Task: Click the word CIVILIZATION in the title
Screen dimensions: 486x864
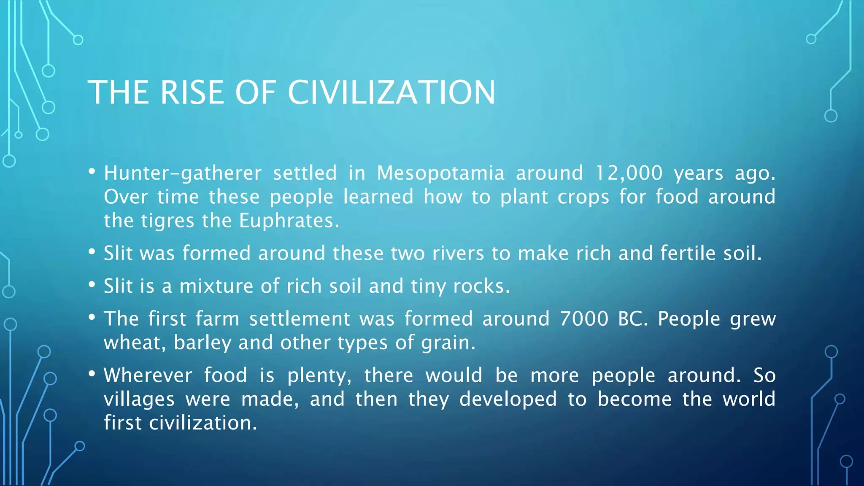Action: click(391, 92)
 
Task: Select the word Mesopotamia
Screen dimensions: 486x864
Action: click(440, 173)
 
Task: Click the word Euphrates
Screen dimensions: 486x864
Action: click(289, 220)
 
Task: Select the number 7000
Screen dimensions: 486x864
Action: click(584, 319)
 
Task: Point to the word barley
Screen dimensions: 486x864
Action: click(202, 343)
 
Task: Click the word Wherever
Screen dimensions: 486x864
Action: click(148, 375)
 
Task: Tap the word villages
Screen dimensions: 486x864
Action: click(139, 400)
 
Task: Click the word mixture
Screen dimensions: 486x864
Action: click(216, 286)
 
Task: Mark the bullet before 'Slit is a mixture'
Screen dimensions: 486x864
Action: click(92, 284)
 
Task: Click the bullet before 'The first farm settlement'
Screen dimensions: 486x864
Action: click(92, 317)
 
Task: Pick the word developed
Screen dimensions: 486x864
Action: click(508, 400)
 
